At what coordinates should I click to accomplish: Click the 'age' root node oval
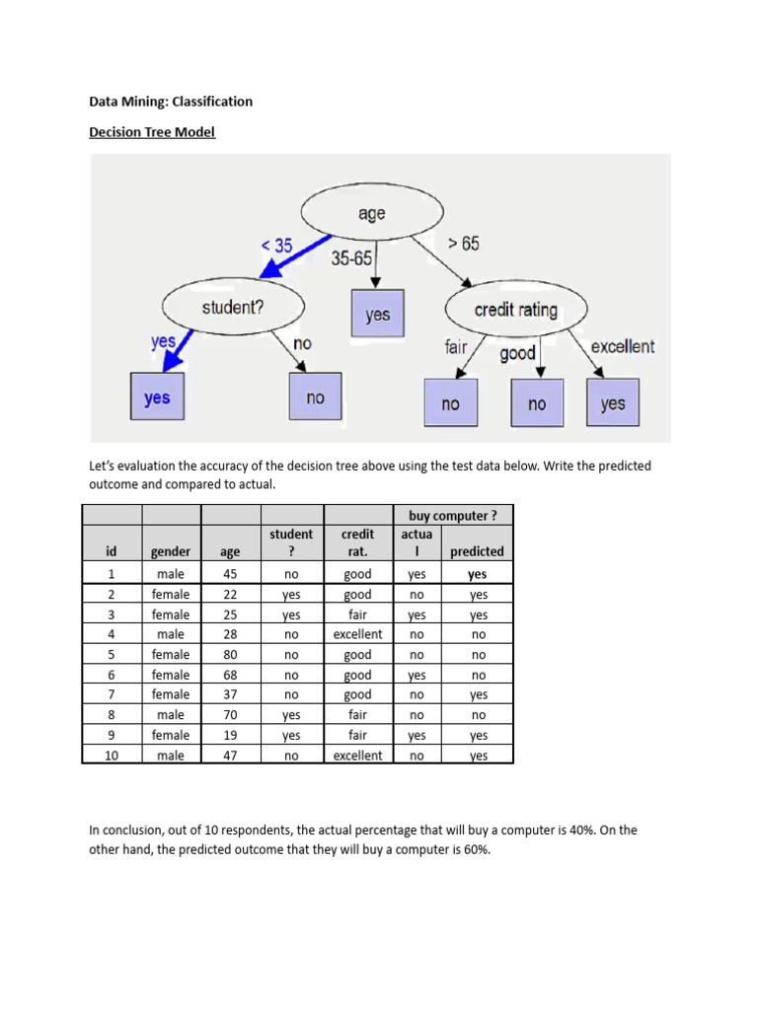pos(371,213)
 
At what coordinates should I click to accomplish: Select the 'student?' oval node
pos(233,308)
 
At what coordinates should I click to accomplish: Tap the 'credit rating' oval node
pos(515,310)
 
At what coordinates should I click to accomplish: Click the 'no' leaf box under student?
pos(315,397)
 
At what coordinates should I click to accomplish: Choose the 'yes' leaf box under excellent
pos(612,403)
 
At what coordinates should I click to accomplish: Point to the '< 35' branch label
pos(275,246)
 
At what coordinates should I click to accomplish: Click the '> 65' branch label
pos(463,243)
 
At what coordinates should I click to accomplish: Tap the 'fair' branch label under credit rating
pos(455,346)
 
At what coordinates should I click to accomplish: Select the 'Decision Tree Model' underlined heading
pos(152,132)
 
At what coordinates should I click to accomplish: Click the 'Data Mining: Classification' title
pos(171,101)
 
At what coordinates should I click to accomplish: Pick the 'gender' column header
pos(170,552)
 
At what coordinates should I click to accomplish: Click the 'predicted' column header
pos(477,552)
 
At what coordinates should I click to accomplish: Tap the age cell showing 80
pos(231,655)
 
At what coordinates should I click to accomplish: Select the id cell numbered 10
pos(112,756)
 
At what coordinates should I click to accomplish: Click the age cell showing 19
pos(231,735)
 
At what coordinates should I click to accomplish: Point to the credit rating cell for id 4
pos(357,634)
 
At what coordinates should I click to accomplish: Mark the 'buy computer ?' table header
pos(452,515)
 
